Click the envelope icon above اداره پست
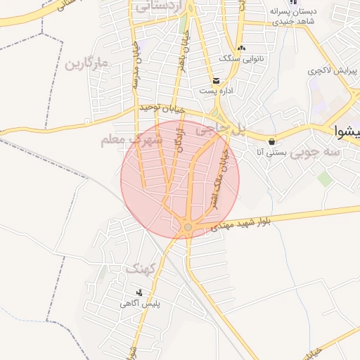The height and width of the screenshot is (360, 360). (x=216, y=80)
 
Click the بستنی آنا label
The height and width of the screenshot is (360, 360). (x=269, y=151)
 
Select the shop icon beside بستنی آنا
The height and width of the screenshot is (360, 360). (x=271, y=141)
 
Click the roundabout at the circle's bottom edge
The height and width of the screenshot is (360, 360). (x=188, y=226)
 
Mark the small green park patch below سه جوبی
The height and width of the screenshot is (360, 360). (x=324, y=179)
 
